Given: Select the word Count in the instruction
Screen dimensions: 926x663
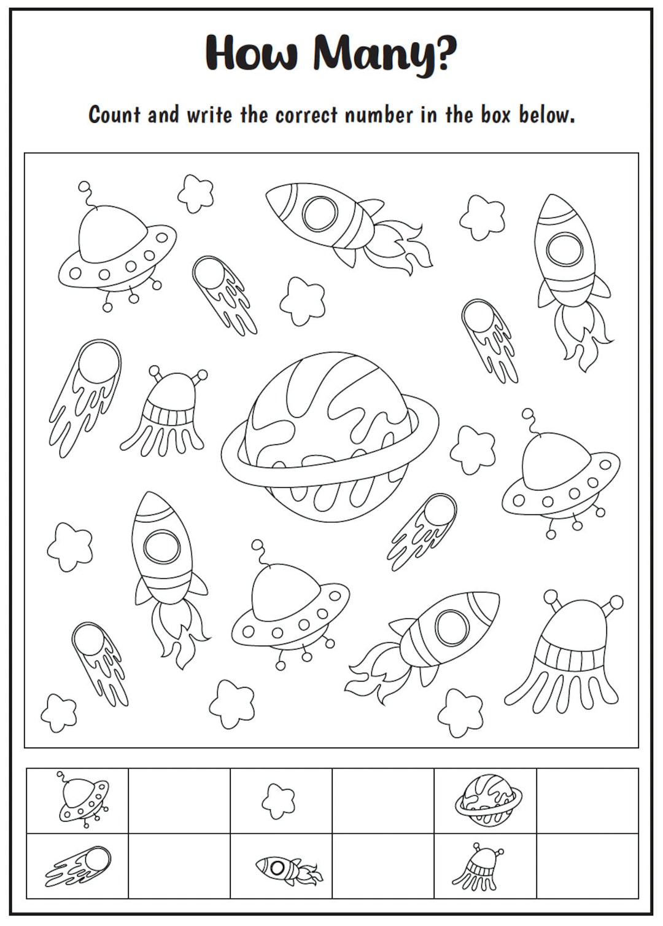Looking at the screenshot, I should [115, 114].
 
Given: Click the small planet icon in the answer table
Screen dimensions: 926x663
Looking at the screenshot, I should [487, 800].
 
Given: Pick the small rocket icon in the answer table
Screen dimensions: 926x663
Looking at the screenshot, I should [286, 869].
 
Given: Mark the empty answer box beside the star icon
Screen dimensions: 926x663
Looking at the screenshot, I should [383, 801].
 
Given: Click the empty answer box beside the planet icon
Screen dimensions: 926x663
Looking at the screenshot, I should [587, 801].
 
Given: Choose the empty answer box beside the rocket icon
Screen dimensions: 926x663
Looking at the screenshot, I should [383, 865].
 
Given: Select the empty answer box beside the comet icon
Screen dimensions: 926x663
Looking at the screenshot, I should [179, 865].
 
